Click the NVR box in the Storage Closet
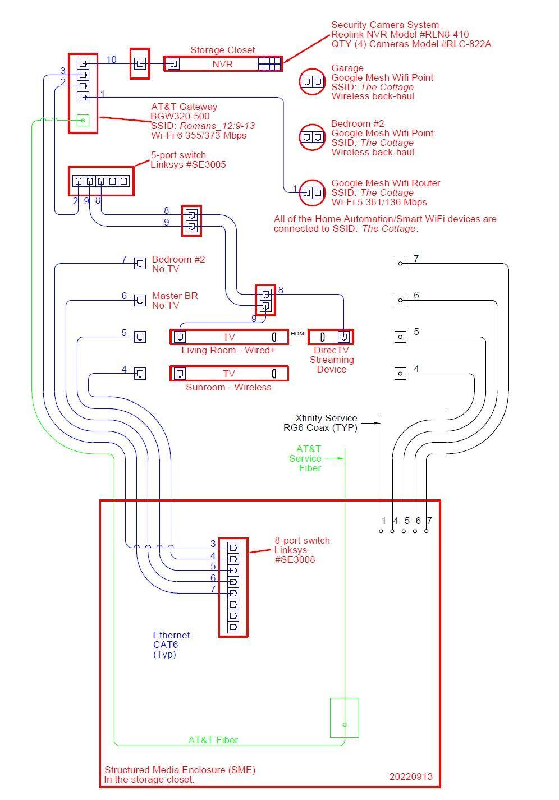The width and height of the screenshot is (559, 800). coord(222,64)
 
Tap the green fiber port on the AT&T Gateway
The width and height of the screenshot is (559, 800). coord(83,120)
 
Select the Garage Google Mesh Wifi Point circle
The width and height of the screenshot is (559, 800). coord(312,82)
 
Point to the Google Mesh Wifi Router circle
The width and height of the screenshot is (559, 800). coord(312,193)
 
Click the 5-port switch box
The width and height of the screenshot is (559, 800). coord(101,181)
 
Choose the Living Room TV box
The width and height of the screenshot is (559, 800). coord(229,337)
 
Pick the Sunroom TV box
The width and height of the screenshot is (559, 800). coord(229,374)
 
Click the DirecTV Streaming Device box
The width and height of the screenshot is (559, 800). coord(331,337)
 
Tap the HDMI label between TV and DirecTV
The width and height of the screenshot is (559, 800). coord(298,334)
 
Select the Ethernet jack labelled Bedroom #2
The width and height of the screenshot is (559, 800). coord(140,263)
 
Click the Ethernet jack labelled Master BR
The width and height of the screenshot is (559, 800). coord(140,300)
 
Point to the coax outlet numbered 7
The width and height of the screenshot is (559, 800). coord(400,263)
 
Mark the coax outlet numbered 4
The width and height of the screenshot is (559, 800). coord(400,374)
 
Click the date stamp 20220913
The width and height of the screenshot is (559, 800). coord(411,777)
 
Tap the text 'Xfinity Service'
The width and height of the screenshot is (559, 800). coord(326,418)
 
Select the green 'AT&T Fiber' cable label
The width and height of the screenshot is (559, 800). coord(213,740)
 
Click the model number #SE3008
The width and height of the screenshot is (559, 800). coord(295,559)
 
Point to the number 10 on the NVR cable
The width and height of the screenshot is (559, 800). coord(111,59)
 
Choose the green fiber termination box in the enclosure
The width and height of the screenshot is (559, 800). coord(345,718)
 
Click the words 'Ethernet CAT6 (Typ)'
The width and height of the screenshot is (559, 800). coord(171,645)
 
